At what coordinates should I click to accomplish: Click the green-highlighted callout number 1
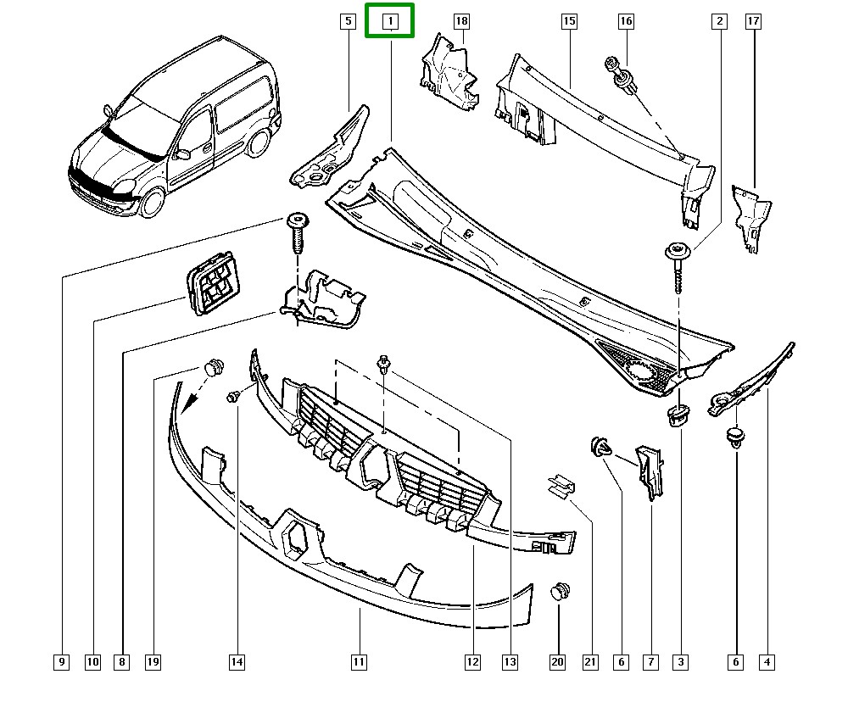tap(390, 21)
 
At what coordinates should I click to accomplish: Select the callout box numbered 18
tap(460, 20)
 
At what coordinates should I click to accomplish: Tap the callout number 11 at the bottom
tap(359, 661)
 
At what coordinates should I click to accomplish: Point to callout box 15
tap(569, 20)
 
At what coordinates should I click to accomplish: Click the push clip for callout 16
tap(618, 77)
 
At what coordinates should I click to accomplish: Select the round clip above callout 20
tap(560, 592)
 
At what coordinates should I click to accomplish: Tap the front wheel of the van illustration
tap(153, 203)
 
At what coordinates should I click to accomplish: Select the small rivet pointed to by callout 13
tap(386, 365)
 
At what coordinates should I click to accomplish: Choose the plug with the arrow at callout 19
tap(214, 368)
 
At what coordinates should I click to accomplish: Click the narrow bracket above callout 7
tap(650, 471)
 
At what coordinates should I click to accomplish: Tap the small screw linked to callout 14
tap(233, 396)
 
